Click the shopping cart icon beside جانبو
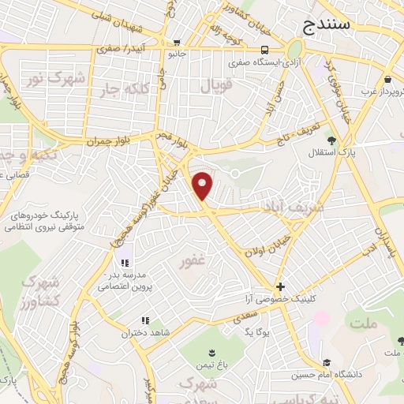[x=178, y=43]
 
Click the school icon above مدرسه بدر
[x=124, y=263]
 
